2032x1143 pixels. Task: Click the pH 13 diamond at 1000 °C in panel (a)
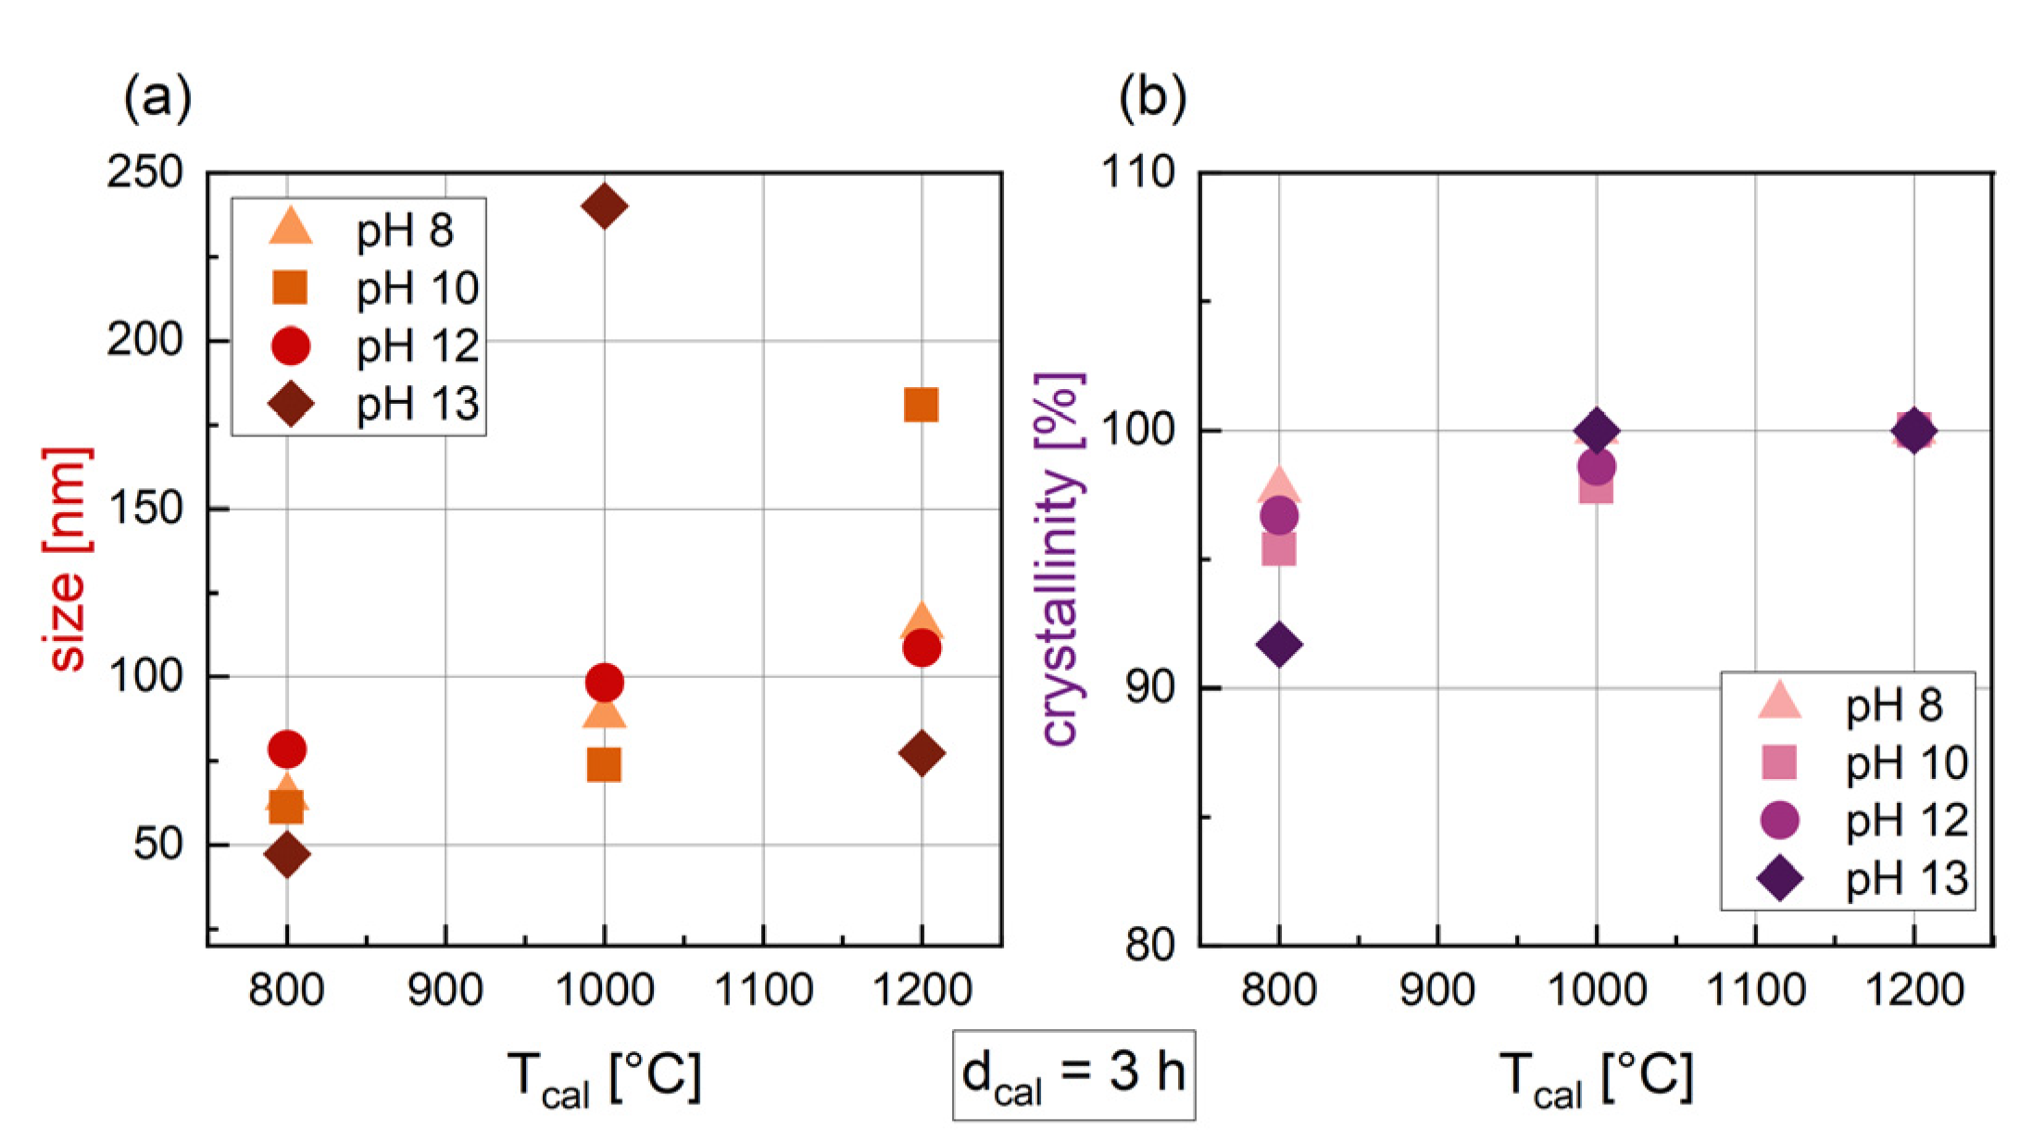pos(604,206)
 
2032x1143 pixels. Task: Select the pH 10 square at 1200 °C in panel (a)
pos(921,405)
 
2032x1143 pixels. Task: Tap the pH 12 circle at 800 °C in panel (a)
pos(287,748)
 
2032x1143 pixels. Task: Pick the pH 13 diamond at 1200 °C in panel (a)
pos(922,753)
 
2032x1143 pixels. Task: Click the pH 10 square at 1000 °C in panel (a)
pos(604,765)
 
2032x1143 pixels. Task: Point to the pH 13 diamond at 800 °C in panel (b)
pos(1279,644)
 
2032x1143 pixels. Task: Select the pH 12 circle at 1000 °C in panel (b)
pos(1596,466)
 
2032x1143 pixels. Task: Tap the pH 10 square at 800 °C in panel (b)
pos(1279,549)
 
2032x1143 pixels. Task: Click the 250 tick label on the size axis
pos(145,172)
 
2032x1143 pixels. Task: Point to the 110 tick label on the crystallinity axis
pos(1136,172)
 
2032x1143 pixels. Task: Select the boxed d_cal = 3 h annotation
pos(1073,1074)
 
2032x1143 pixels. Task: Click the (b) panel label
pos(1152,96)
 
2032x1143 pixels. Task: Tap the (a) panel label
pos(157,96)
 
